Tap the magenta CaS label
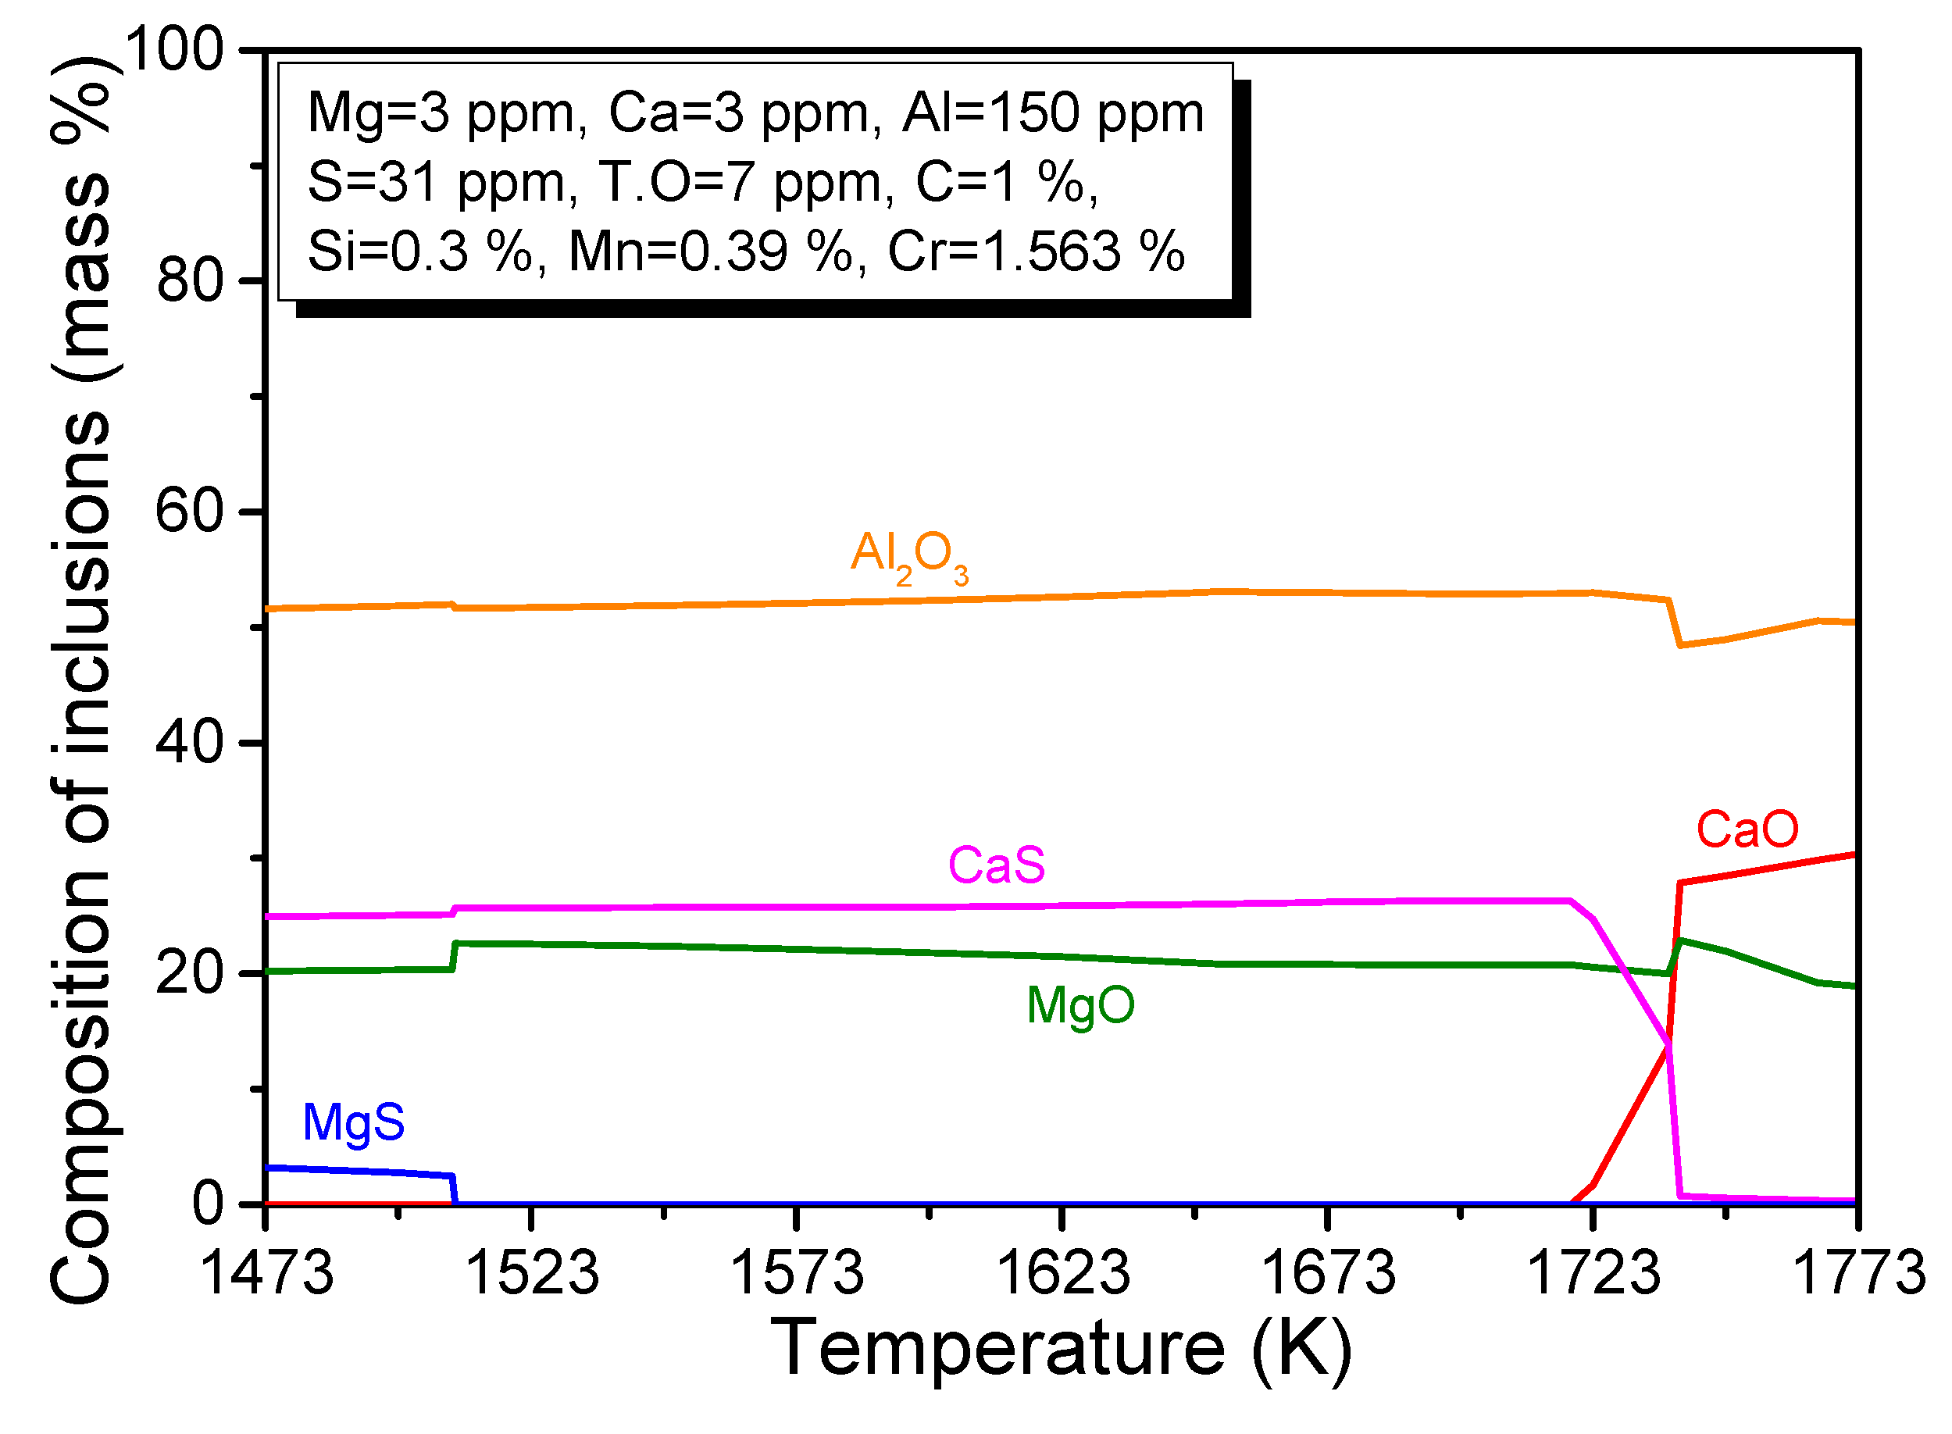pyautogui.click(x=996, y=865)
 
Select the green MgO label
pyautogui.click(x=1079, y=1005)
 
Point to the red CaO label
pyautogui.click(x=1747, y=829)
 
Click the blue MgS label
pyautogui.click(x=353, y=1122)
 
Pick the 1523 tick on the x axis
pyautogui.click(x=531, y=1273)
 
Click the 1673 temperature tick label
pyautogui.click(x=1327, y=1273)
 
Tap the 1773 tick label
pyautogui.click(x=1857, y=1273)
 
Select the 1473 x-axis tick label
pyautogui.click(x=266, y=1273)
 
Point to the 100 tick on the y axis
pyautogui.click(x=174, y=49)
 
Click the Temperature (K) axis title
pyautogui.click(x=1061, y=1349)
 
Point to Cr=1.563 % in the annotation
pyautogui.click(x=1036, y=252)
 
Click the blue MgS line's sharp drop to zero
pyautogui.click(x=454, y=1190)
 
